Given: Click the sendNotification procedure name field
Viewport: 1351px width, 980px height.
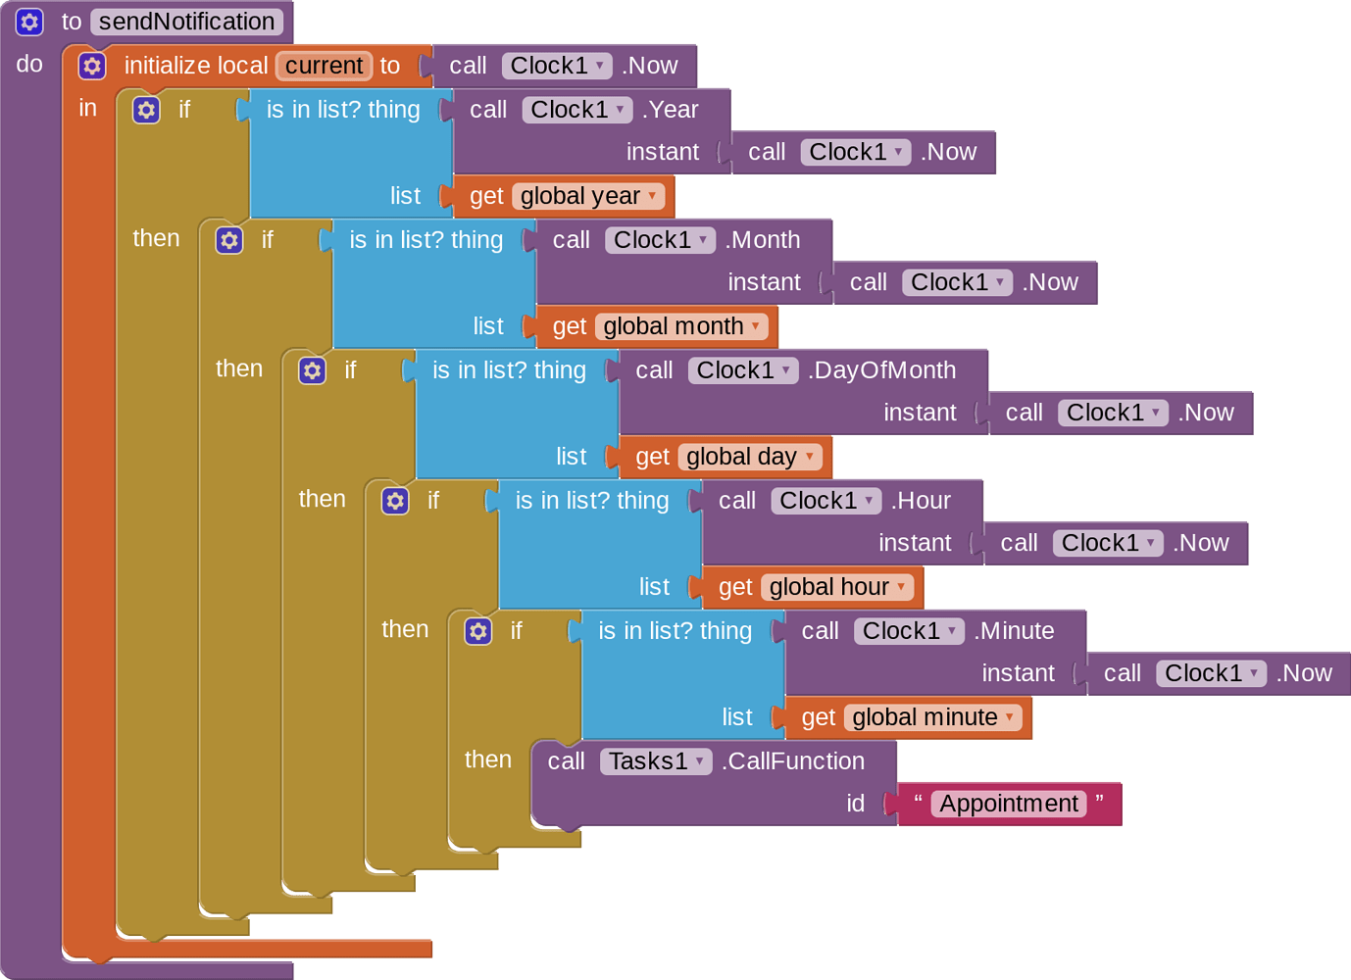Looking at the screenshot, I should (186, 22).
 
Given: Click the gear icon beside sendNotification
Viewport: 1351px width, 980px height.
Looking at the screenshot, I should (29, 22).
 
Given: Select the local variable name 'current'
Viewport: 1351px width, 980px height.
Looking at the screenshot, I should (325, 66).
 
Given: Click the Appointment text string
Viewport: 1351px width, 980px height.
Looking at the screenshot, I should (1009, 804).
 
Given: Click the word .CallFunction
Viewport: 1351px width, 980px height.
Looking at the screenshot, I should (792, 761).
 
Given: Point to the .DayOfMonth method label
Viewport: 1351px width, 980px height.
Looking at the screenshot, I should (881, 370).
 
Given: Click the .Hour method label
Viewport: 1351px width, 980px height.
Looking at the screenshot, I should (921, 501).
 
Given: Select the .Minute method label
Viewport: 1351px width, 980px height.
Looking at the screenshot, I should (1014, 631).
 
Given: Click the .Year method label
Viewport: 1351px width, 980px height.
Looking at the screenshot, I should (670, 110).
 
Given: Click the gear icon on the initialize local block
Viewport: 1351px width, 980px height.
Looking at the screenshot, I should (92, 66).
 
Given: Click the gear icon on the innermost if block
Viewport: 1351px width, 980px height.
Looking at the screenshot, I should (478, 631).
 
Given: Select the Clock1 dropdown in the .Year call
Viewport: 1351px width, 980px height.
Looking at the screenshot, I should (576, 110).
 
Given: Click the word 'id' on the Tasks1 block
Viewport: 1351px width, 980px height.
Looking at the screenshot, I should (856, 804).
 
